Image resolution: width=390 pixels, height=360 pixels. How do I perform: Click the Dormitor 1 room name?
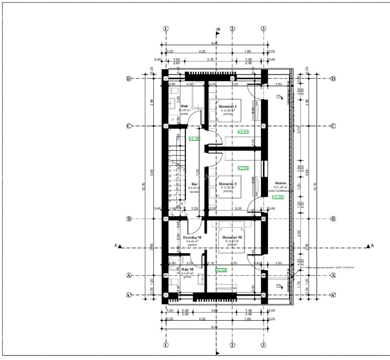click(228, 106)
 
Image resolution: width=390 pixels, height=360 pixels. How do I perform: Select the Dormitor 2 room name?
click(228, 184)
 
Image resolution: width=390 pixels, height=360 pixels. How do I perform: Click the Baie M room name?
click(187, 269)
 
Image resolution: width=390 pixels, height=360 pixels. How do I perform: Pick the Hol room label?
click(195, 184)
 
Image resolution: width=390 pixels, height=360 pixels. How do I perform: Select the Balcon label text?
click(281, 183)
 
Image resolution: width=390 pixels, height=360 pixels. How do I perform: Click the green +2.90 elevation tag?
click(194, 138)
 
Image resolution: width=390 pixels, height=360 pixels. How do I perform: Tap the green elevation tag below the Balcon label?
click(278, 197)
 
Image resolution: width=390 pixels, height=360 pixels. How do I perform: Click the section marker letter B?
click(219, 29)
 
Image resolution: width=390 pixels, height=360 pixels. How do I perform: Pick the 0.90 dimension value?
click(185, 311)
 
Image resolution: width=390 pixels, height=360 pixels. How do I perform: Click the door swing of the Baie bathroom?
click(196, 120)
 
